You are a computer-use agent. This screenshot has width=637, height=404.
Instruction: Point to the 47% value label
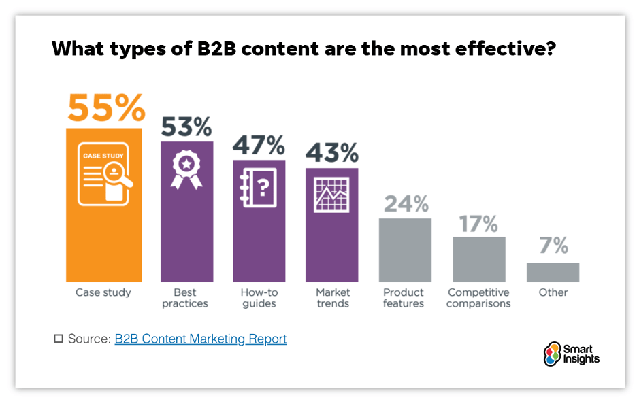tap(259, 145)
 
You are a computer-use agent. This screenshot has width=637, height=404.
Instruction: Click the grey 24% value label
tap(406, 203)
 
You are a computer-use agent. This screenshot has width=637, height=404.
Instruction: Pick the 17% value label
tap(479, 223)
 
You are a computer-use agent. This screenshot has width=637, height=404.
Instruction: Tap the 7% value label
tap(553, 246)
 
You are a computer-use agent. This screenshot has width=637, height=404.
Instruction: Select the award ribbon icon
tap(186, 170)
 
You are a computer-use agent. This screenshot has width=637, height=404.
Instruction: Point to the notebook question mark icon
tap(259, 187)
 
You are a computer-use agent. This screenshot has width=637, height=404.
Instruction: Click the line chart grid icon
tap(331, 193)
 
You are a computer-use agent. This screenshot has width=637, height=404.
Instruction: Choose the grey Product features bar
tap(405, 250)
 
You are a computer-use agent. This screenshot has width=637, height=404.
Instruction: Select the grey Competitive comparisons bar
tap(479, 259)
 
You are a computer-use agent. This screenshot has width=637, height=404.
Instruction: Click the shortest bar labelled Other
tap(553, 272)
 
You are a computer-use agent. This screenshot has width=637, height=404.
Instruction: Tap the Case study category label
tap(103, 292)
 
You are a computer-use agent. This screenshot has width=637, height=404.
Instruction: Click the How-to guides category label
tap(259, 298)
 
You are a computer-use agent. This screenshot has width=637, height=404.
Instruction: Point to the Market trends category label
tap(333, 298)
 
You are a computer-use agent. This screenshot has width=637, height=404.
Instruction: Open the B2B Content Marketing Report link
tap(201, 339)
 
